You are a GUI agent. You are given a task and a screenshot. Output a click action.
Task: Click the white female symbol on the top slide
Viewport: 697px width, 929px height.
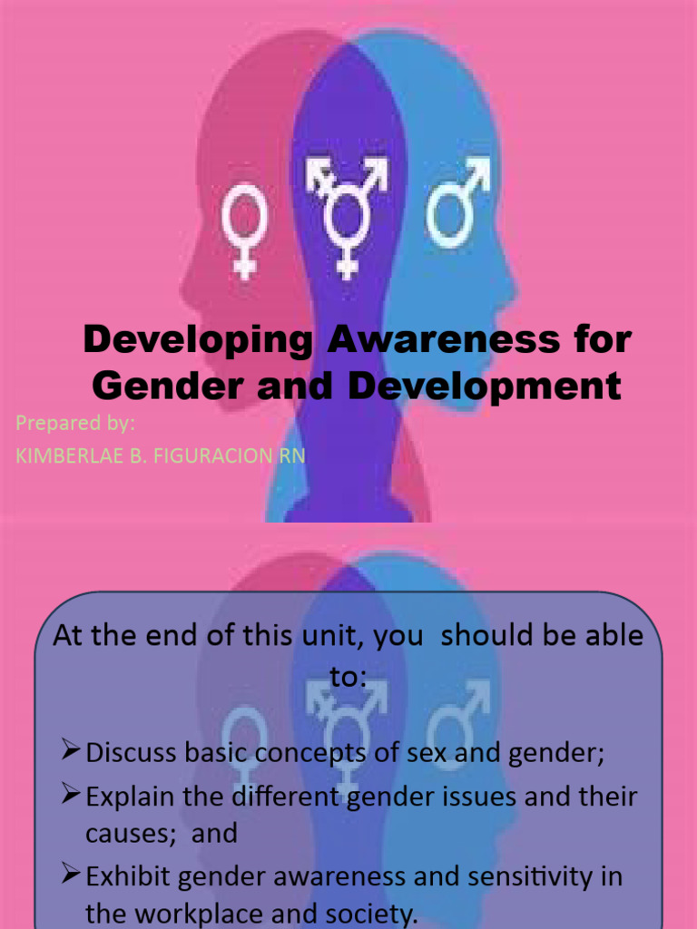[243, 227]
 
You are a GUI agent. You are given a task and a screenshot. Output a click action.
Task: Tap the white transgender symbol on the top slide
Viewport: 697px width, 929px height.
[345, 214]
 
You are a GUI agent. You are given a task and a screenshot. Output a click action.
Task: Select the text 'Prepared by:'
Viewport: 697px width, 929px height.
[75, 423]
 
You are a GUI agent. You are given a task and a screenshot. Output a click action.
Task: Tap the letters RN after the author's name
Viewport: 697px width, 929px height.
[290, 456]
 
